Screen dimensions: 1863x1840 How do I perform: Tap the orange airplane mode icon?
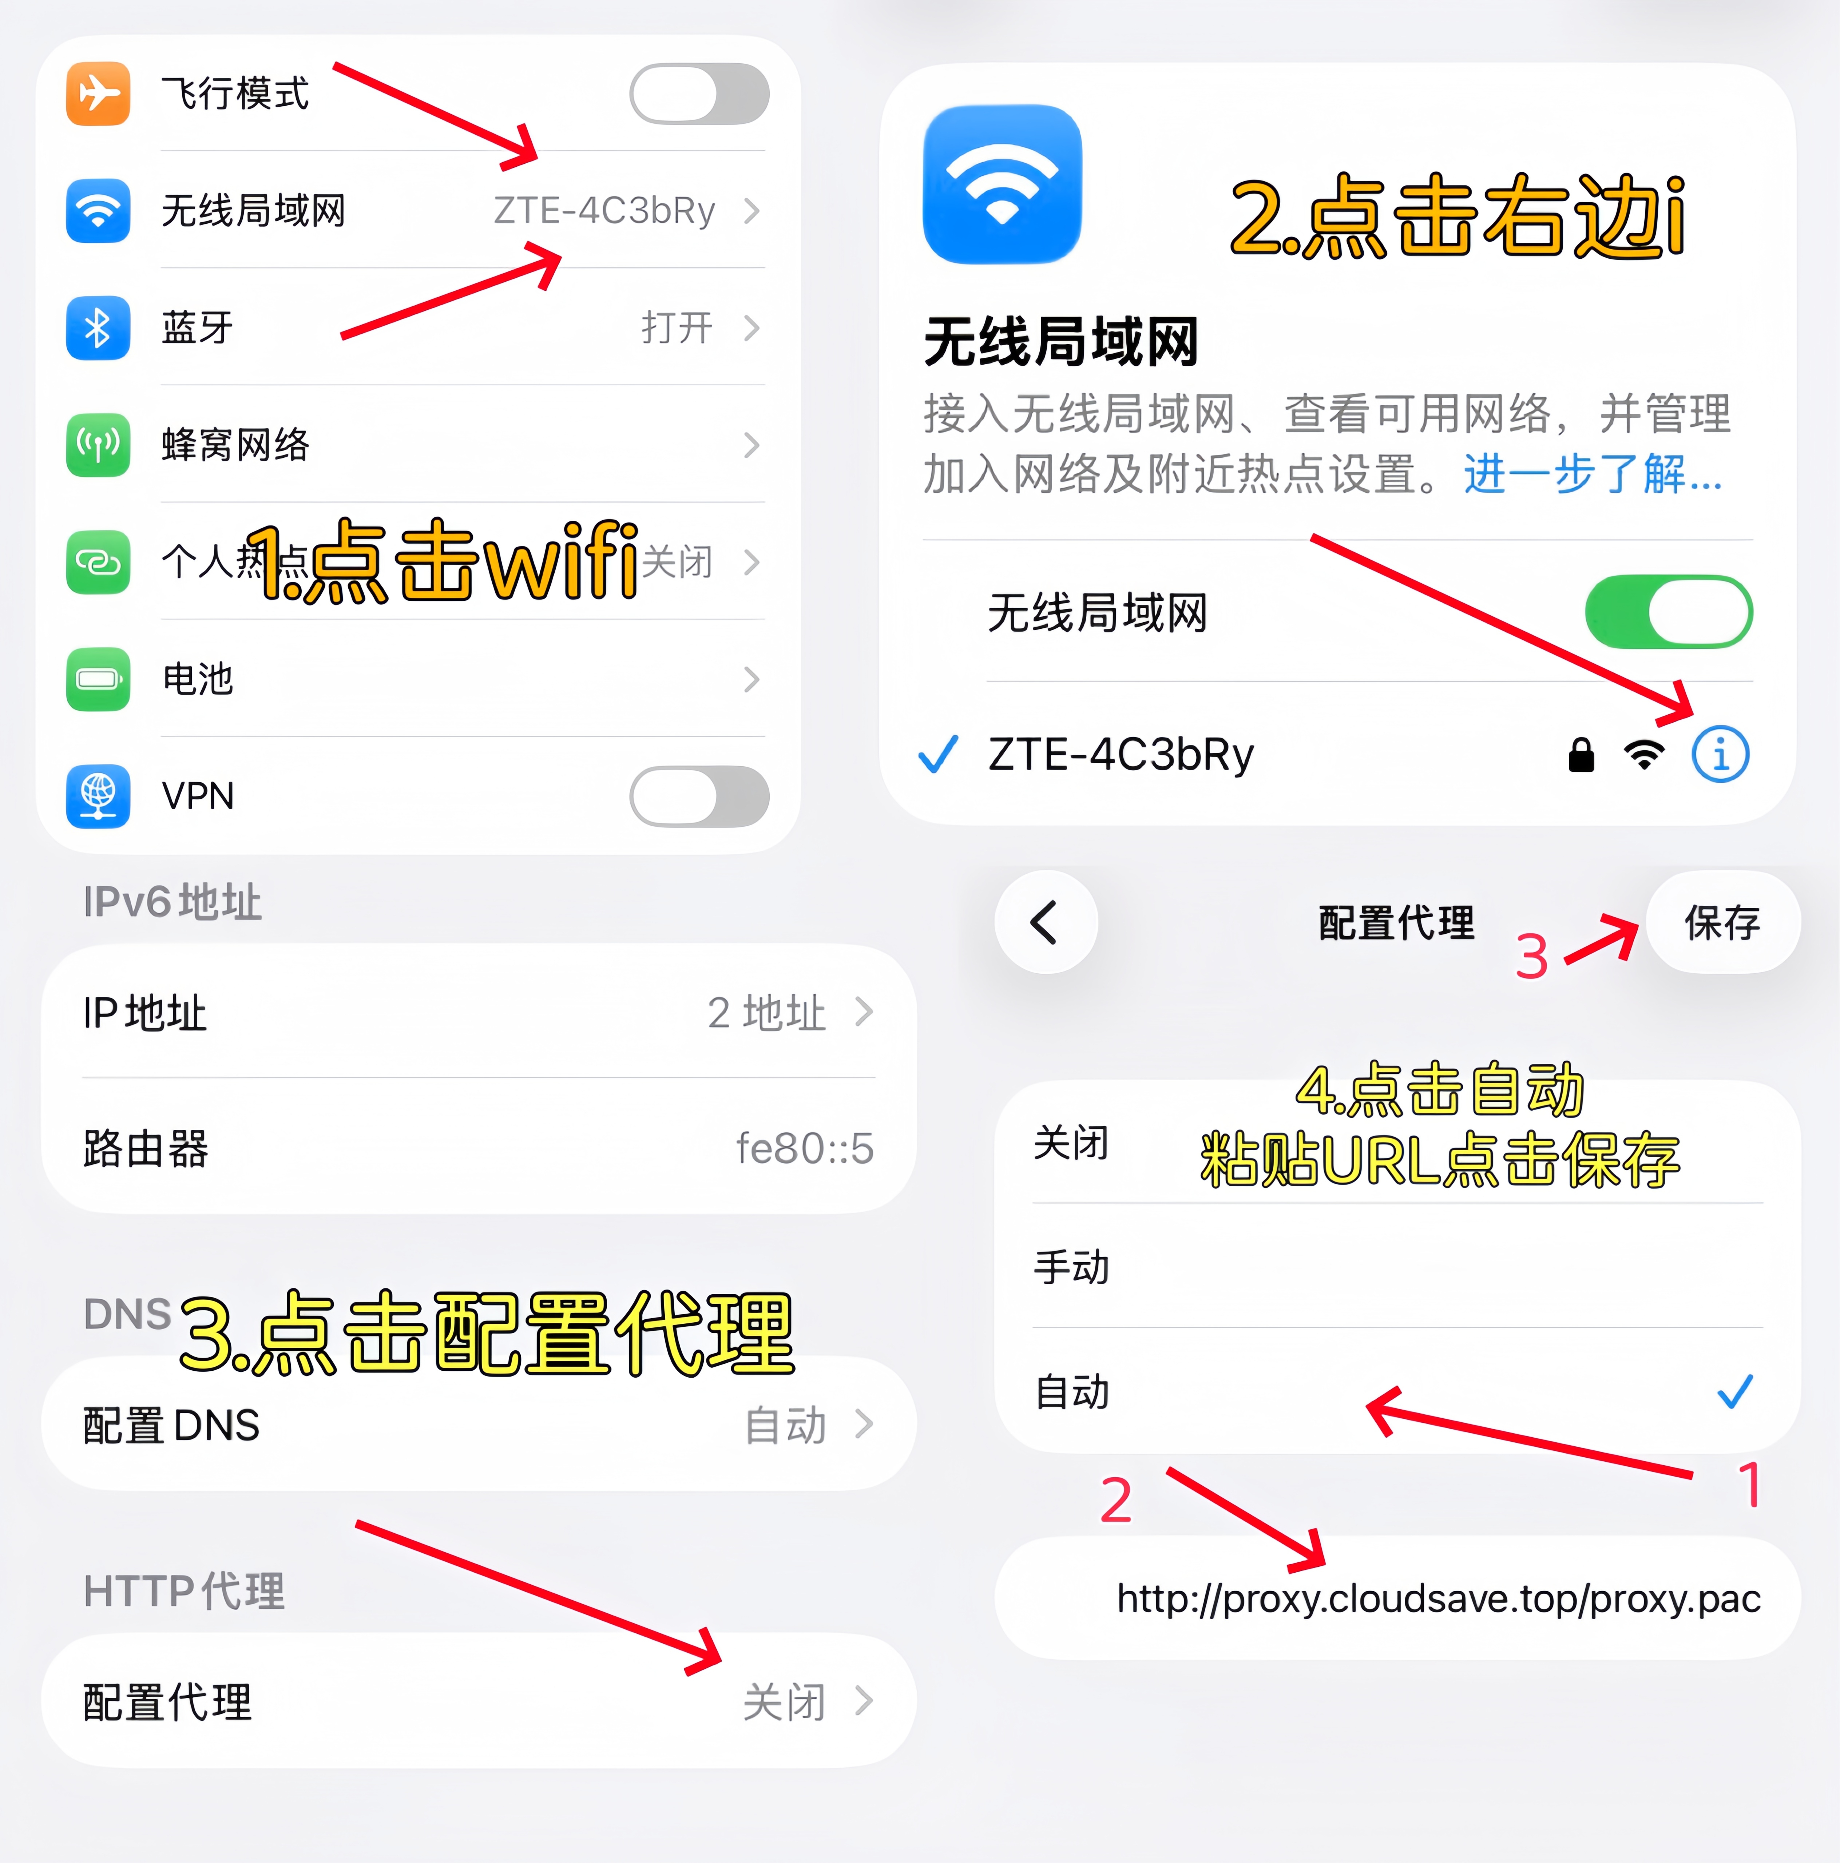(x=98, y=94)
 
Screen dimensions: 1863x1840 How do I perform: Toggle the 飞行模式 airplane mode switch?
(x=699, y=94)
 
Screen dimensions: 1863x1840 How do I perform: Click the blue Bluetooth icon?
(x=98, y=328)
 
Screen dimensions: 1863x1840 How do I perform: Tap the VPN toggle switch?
(x=699, y=797)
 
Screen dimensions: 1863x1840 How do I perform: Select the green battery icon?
(x=98, y=679)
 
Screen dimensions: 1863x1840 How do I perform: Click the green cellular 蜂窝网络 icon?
(x=98, y=445)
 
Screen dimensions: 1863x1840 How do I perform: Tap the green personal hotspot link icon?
(x=98, y=561)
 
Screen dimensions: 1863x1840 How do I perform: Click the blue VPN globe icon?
(x=98, y=797)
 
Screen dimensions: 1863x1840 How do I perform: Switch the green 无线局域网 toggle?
(x=1668, y=612)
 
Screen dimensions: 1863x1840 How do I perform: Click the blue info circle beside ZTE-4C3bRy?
(x=1720, y=754)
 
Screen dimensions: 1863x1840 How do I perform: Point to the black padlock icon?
(x=1581, y=755)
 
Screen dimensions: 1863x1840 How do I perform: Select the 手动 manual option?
(x=1071, y=1267)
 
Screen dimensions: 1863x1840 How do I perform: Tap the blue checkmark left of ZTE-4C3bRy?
(x=937, y=754)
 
